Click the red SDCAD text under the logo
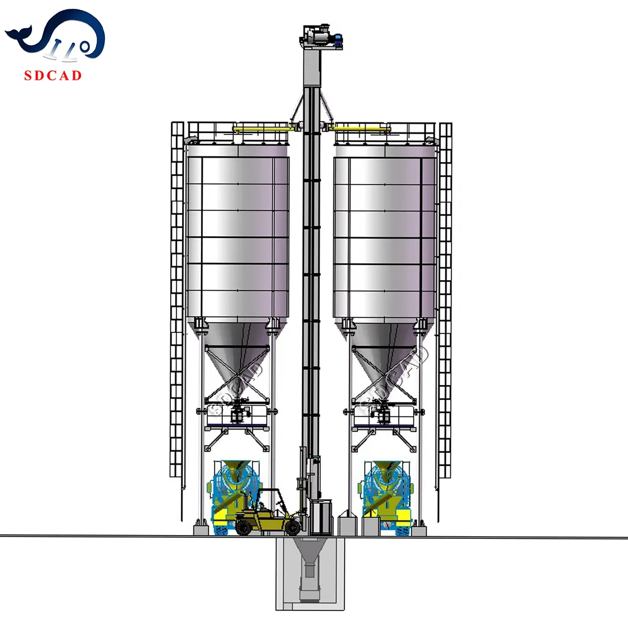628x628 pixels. tap(53, 76)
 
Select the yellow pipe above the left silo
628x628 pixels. tap(264, 129)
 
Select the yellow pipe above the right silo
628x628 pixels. tap(361, 129)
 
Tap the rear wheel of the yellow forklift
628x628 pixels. tap(244, 528)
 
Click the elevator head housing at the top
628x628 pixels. tap(317, 35)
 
